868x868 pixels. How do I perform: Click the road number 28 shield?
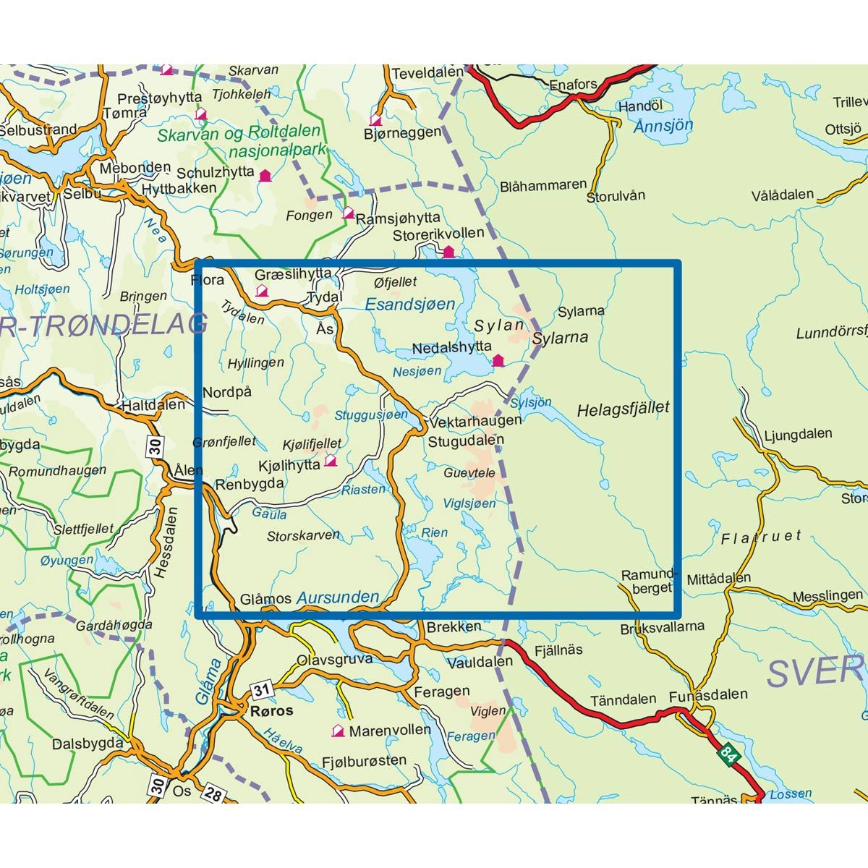[213, 794]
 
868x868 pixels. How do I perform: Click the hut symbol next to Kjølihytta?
[331, 460]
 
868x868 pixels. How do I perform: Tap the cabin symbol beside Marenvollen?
[337, 731]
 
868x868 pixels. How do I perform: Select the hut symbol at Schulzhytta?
[265, 175]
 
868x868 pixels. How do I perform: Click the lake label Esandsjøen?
[409, 305]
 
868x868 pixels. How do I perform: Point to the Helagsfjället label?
[623, 409]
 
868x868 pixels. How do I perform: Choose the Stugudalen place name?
[465, 440]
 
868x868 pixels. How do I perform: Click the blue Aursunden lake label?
[338, 597]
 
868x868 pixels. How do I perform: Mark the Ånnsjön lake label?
[663, 125]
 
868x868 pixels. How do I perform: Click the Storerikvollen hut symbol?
[448, 251]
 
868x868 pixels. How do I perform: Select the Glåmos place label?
[265, 599]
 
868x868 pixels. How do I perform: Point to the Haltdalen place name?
[153, 405]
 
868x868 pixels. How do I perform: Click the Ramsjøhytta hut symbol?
[348, 213]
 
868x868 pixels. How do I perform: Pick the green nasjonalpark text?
[278, 153]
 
